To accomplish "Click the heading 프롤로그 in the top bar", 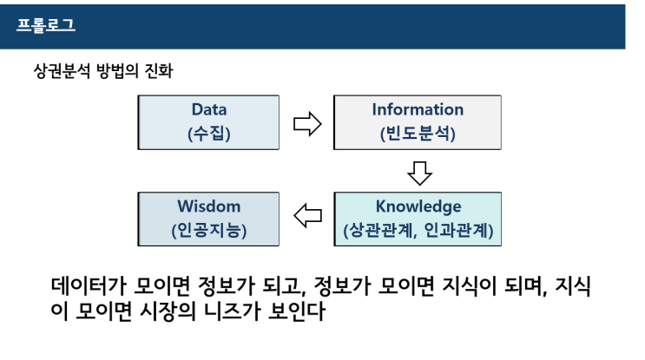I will [x=45, y=24].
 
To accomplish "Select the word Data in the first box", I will [x=208, y=110].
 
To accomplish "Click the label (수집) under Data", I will [x=208, y=134].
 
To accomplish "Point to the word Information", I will [x=418, y=110].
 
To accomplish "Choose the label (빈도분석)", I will [x=418, y=134].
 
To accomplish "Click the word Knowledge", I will [x=418, y=207].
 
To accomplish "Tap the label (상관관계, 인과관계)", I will [x=418, y=232].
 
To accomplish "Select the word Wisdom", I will [x=208, y=207].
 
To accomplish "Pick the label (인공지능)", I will [x=208, y=232].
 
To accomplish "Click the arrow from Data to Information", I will [x=307, y=123].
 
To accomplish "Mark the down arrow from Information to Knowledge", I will [x=419, y=173].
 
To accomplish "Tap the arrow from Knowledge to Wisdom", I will [x=307, y=219].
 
